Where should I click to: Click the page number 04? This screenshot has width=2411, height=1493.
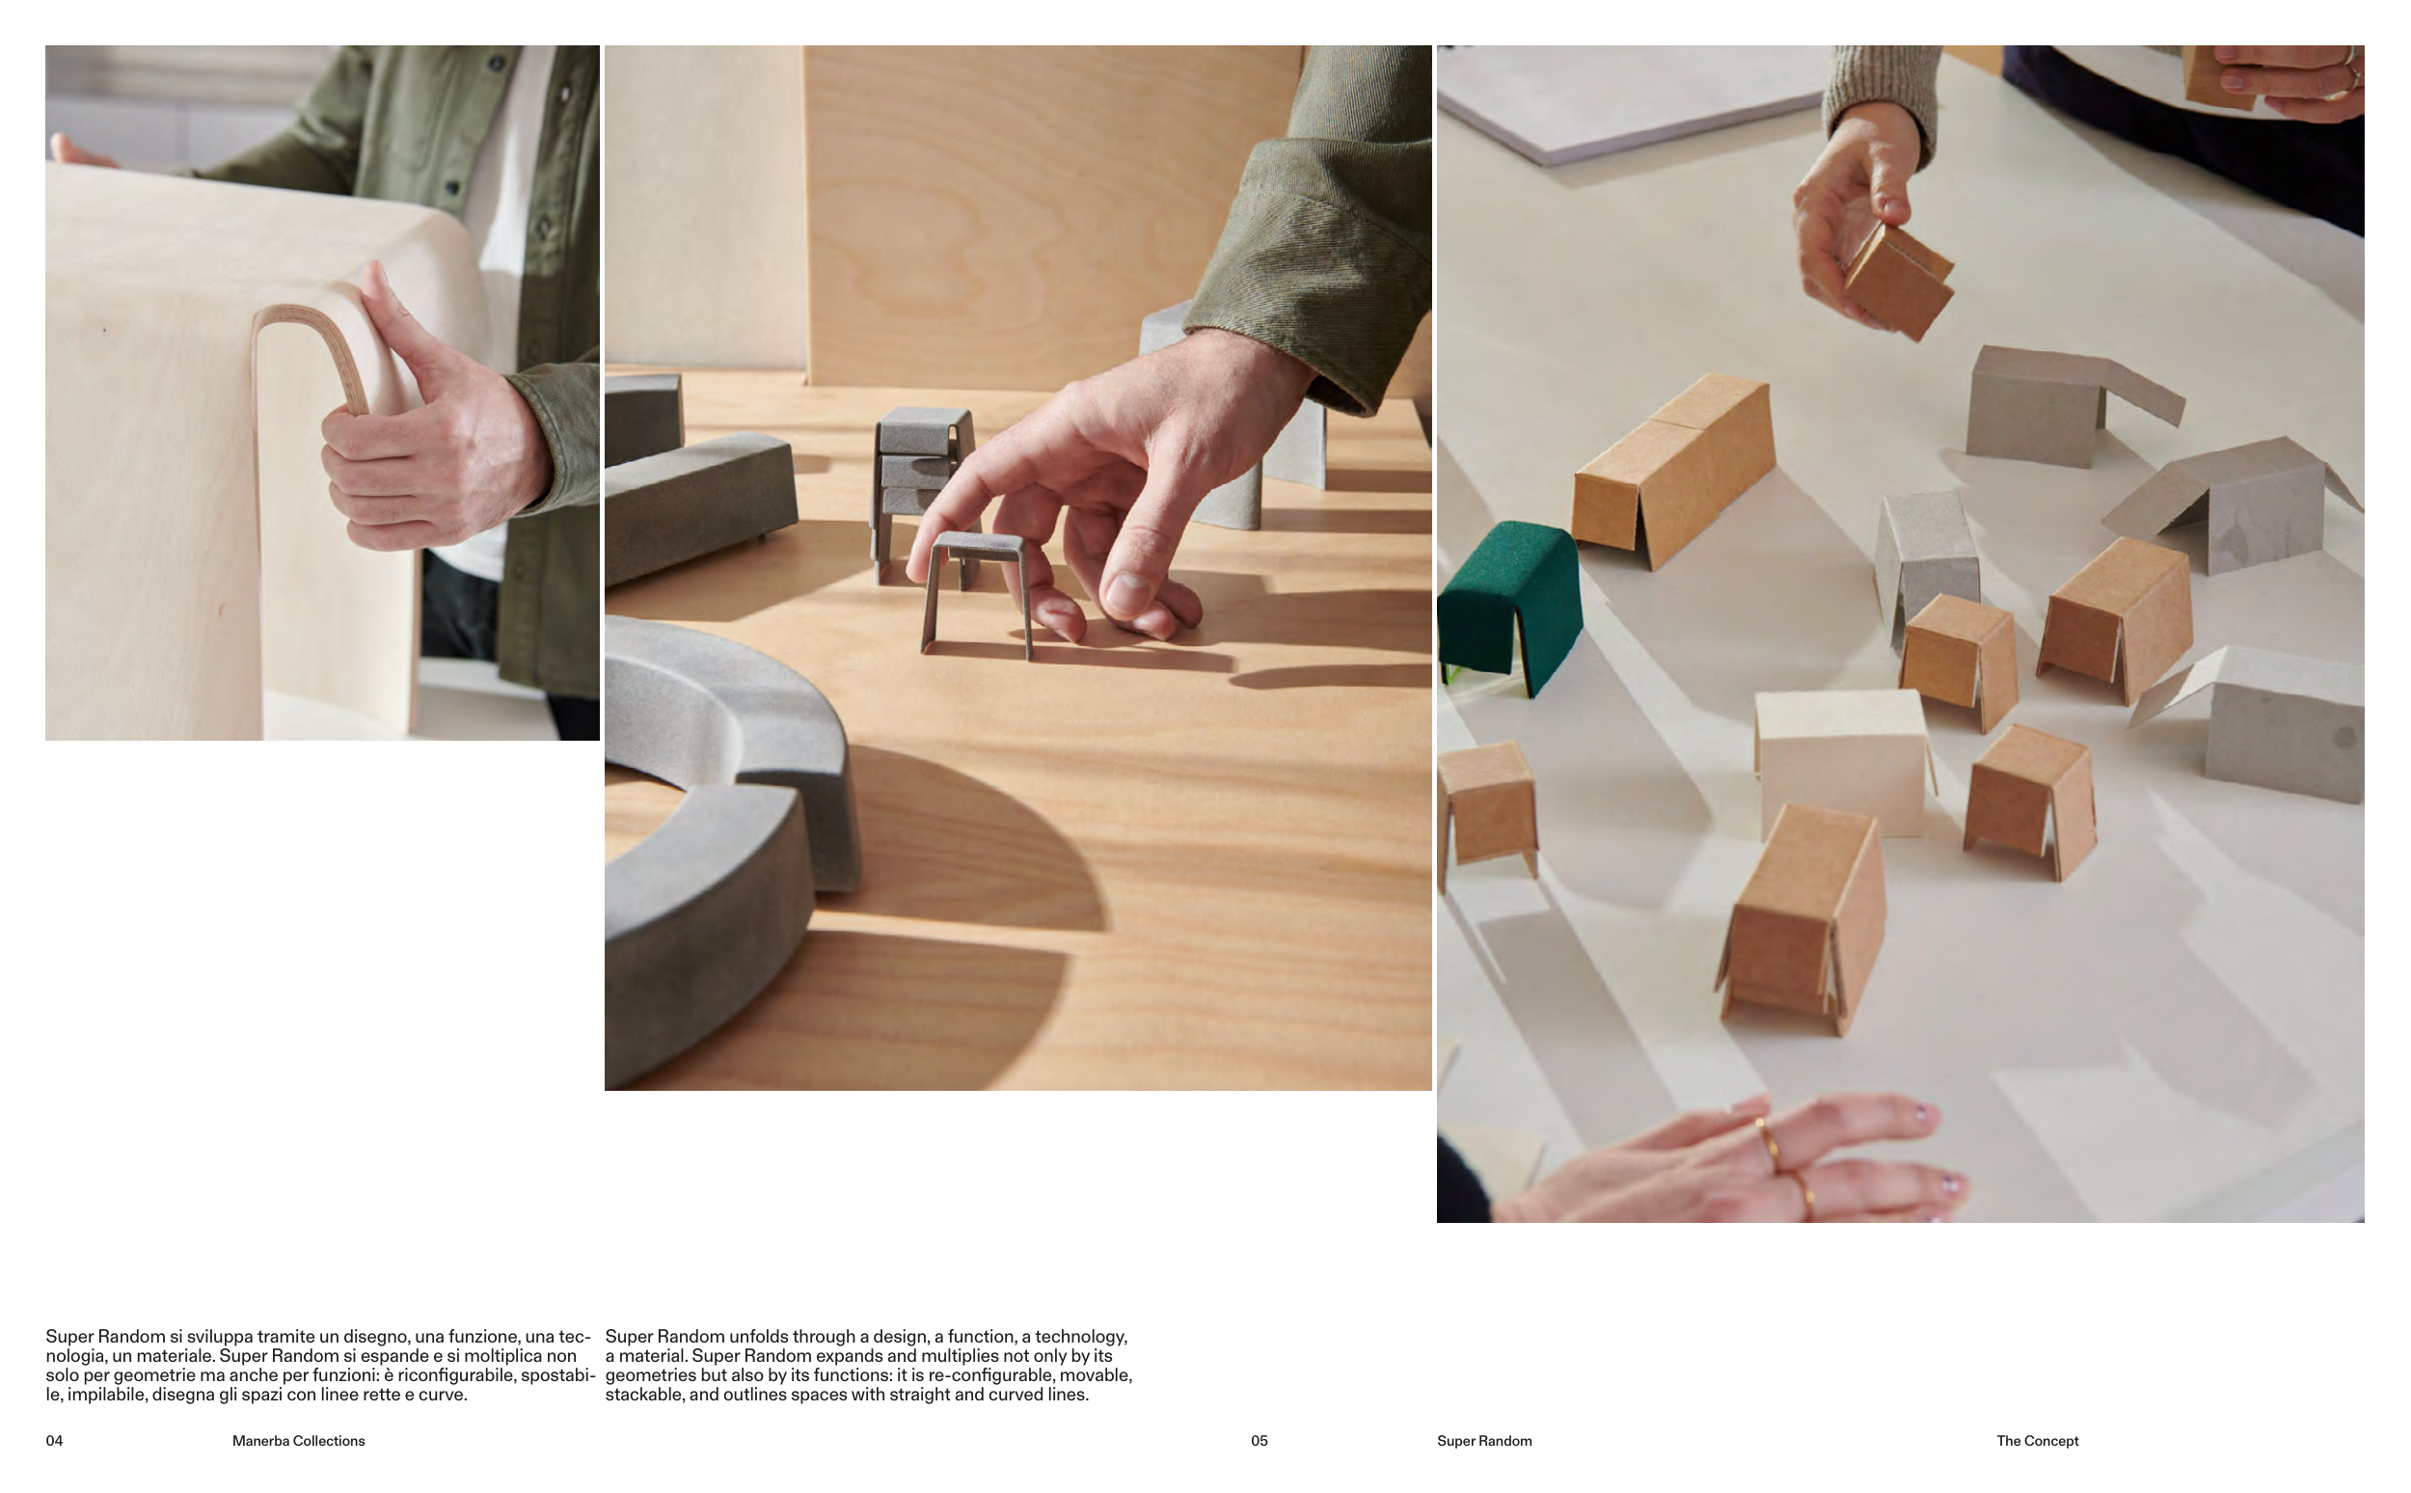pyautogui.click(x=54, y=1441)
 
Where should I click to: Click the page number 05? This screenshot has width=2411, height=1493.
pyautogui.click(x=1259, y=1441)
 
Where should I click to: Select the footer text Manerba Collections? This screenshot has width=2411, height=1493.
pyautogui.click(x=298, y=1441)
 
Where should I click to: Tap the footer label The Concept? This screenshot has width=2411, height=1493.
pyautogui.click(x=2037, y=1441)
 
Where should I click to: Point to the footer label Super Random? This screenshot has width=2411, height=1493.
pyautogui.click(x=1484, y=1441)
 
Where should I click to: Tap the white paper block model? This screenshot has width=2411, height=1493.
pyautogui.click(x=1842, y=760)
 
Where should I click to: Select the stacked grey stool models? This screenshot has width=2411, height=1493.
pyautogui.click(x=921, y=489)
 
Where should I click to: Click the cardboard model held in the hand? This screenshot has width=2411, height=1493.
pyautogui.click(x=1897, y=281)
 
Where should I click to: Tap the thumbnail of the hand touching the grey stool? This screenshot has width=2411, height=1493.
pyautogui.click(x=1017, y=568)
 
